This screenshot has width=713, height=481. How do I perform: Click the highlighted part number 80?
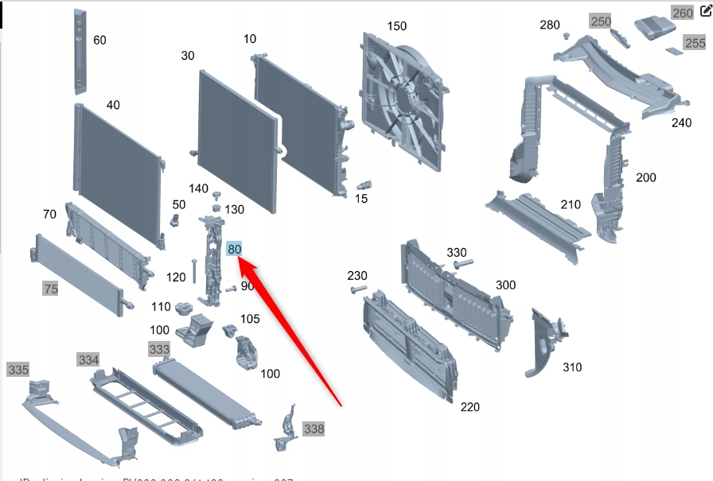point(234,249)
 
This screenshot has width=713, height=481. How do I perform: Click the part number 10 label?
point(250,39)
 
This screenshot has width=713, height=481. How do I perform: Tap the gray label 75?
point(51,289)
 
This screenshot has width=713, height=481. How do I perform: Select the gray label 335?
point(18,370)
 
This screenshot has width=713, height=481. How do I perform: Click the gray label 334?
point(88,360)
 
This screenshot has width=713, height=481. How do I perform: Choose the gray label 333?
point(159,349)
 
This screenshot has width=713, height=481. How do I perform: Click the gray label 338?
point(314,429)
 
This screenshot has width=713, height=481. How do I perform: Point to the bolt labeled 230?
point(357,290)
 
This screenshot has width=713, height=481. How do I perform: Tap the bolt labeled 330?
point(463,262)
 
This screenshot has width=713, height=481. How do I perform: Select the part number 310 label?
point(571,367)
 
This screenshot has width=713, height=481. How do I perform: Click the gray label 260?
point(683,14)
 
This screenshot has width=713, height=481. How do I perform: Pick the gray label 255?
point(695,43)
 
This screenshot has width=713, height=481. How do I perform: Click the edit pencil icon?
point(704,11)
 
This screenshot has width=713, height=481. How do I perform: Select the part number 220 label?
point(469,407)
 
